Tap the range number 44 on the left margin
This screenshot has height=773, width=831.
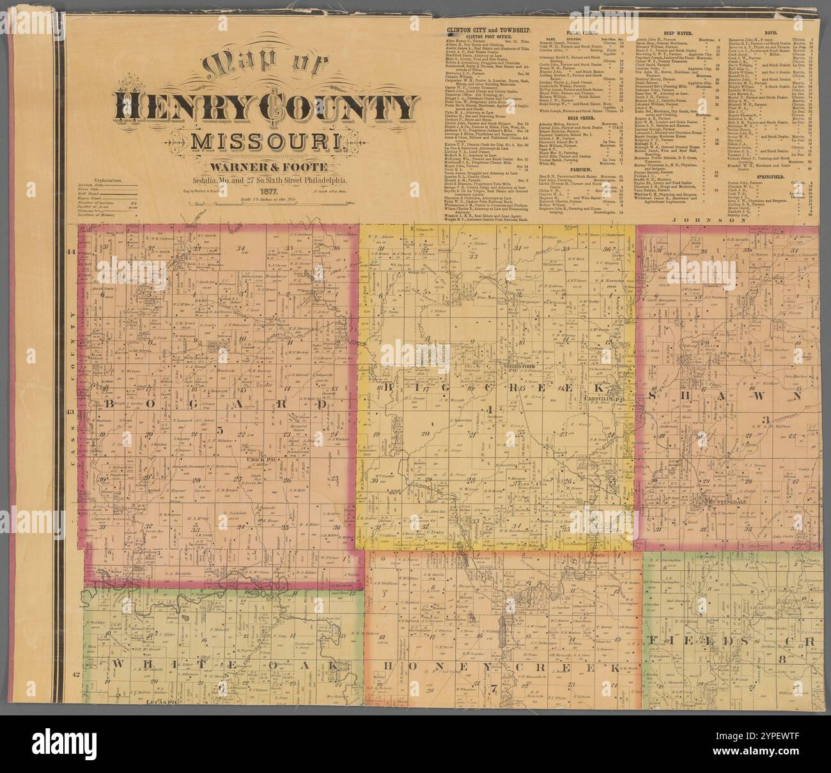[x=72, y=252]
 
